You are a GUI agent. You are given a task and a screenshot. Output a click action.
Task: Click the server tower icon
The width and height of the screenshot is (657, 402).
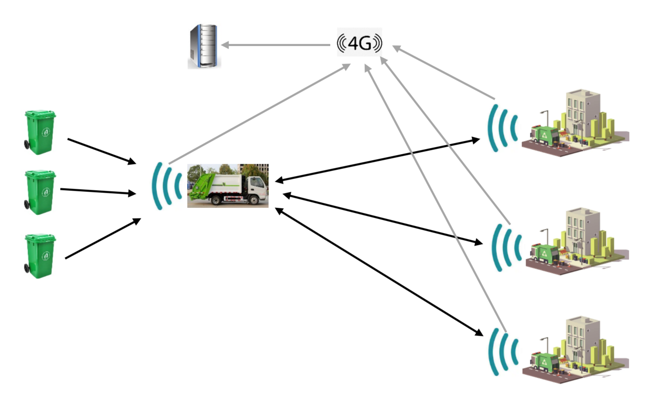[203, 46]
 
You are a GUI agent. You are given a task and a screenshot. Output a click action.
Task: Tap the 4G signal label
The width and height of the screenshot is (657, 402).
[360, 44]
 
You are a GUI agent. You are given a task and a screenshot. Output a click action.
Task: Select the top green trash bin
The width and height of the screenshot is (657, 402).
[40, 132]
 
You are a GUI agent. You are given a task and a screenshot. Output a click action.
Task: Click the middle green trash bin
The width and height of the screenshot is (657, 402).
[40, 192]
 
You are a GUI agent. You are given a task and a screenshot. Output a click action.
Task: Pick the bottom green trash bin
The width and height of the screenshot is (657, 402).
[40, 255]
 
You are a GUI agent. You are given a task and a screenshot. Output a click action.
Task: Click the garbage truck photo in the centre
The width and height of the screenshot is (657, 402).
[228, 185]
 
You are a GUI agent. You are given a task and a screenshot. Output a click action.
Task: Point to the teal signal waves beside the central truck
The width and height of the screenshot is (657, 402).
[165, 186]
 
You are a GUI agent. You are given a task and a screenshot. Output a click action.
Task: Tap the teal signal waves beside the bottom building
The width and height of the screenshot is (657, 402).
[503, 352]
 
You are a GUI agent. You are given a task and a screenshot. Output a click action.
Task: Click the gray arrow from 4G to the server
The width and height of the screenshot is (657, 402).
[276, 46]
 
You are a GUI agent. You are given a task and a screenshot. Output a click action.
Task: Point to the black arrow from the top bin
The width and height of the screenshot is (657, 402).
[102, 151]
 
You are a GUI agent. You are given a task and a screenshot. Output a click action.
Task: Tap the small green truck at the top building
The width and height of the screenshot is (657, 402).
[544, 136]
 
